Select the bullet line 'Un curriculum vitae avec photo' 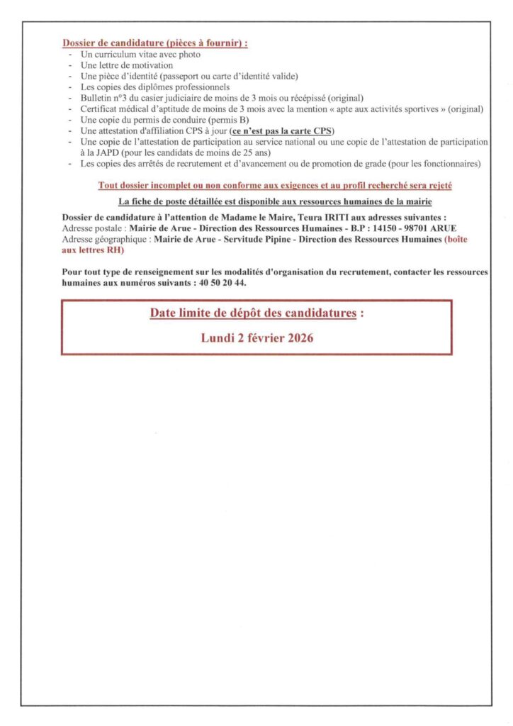coord(140,55)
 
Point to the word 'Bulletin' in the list coord(97,97)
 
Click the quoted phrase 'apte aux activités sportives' coord(402,108)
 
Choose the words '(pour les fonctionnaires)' coord(434,164)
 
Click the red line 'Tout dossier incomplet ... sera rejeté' coord(275,186)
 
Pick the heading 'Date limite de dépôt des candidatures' coord(252,313)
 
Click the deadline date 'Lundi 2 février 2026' coord(257,338)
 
